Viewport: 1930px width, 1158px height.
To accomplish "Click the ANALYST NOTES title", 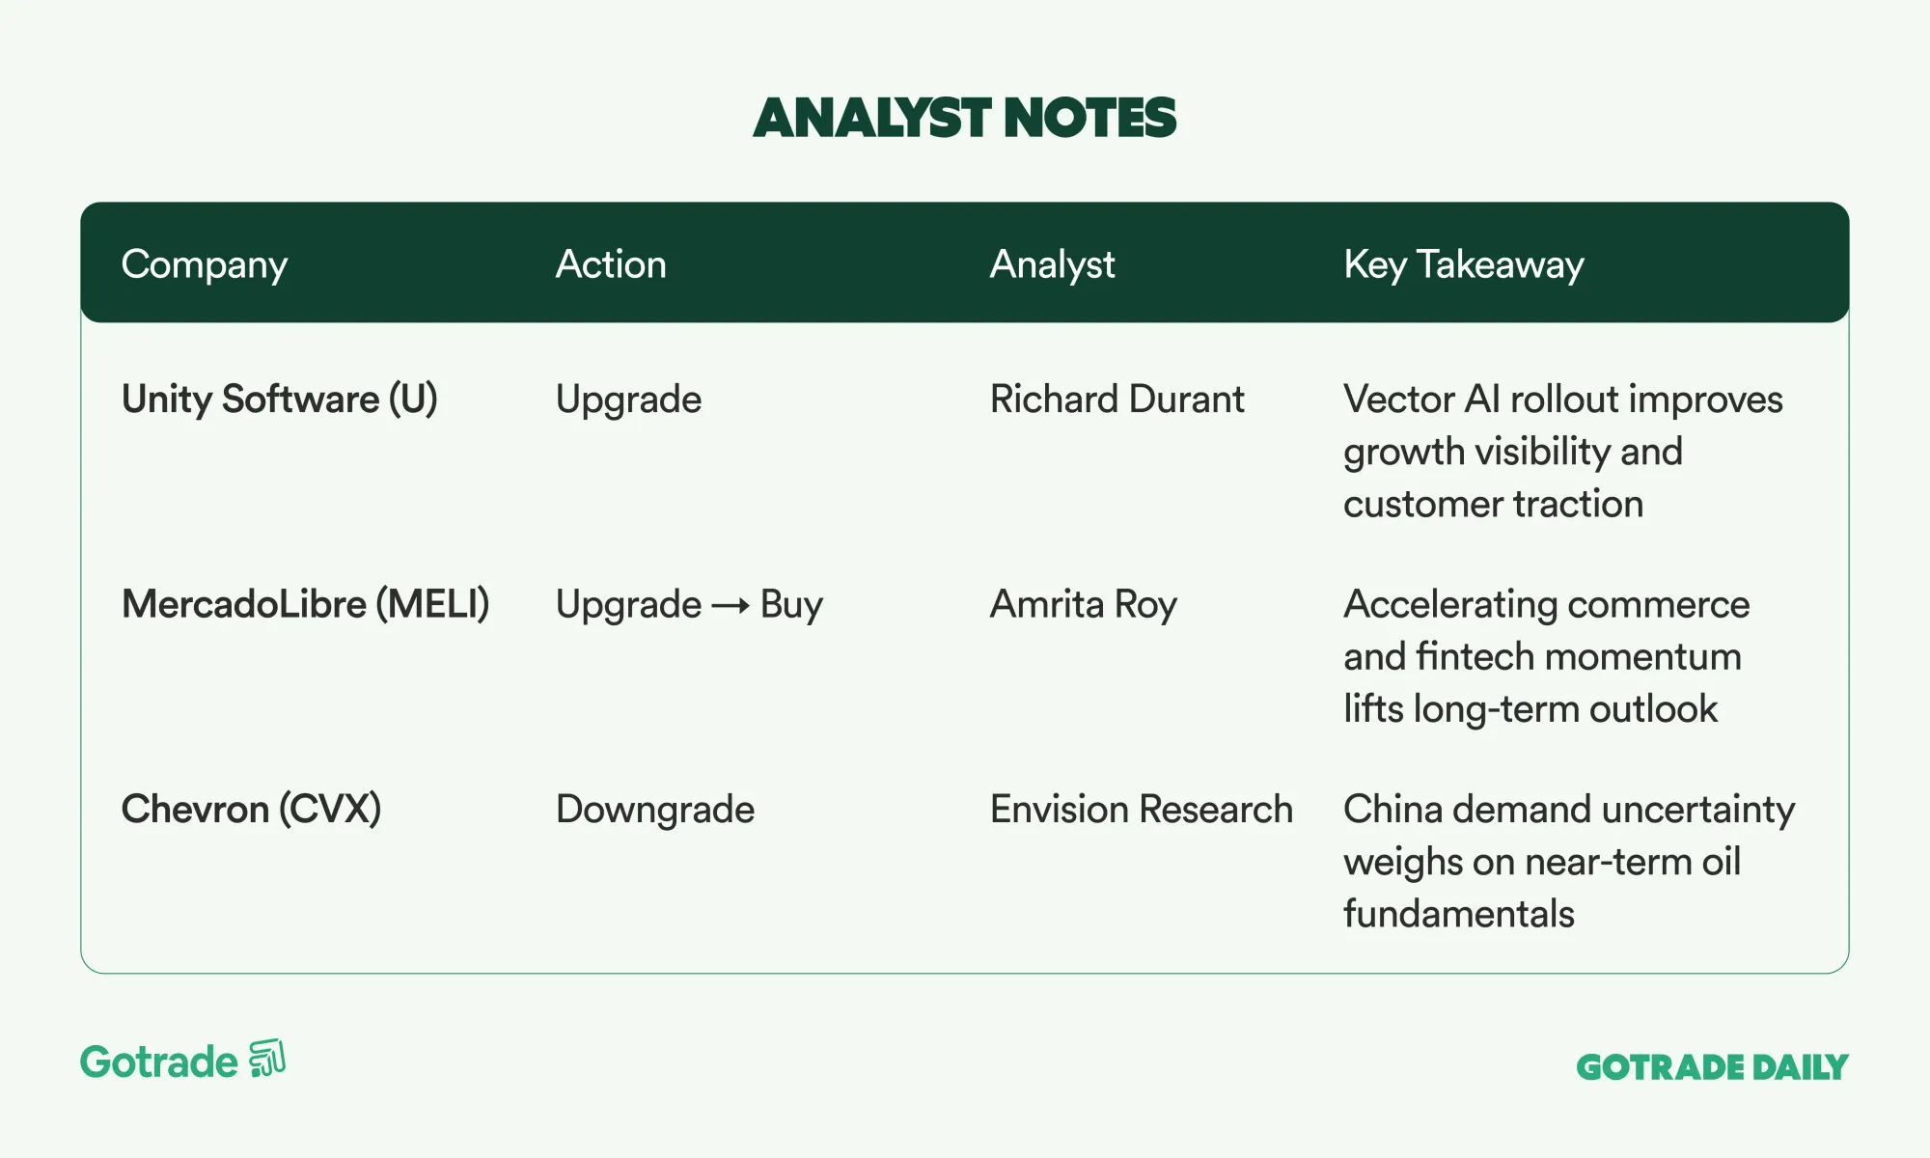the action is [965, 118].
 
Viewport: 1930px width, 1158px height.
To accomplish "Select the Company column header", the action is [205, 265].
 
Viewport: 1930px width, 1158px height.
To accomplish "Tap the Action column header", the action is [611, 264].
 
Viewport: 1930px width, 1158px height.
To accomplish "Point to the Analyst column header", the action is [1053, 265].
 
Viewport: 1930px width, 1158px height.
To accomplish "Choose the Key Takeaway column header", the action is [1464, 265].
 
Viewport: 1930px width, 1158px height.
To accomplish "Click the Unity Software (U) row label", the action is [280, 400].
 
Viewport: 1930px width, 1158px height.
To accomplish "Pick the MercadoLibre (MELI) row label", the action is [306, 605].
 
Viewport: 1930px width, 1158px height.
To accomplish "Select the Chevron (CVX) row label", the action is [252, 810].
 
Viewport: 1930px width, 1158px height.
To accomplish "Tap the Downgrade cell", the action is [655, 810].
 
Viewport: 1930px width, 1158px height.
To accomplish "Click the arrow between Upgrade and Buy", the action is [731, 606].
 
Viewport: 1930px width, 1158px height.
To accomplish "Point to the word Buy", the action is [791, 605].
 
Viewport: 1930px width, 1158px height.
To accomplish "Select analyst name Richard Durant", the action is [1117, 400].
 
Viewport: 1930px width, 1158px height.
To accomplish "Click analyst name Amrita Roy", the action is [1084, 605].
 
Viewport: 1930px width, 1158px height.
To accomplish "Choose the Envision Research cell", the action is [1142, 810].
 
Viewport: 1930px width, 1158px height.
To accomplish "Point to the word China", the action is [1392, 810].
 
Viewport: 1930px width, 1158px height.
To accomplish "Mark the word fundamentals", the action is [1459, 914].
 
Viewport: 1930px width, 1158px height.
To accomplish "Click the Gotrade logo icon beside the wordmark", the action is [267, 1059].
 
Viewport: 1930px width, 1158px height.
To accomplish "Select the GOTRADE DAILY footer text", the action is [1712, 1067].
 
